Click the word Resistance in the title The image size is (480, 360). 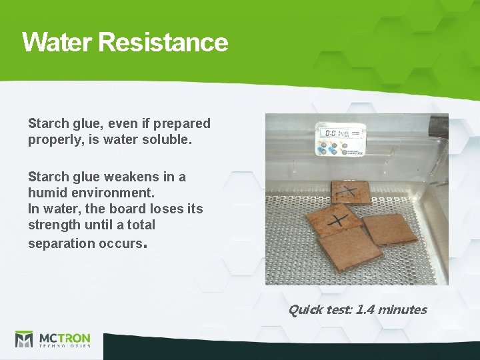coord(163,42)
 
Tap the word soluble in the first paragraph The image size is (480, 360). coord(170,139)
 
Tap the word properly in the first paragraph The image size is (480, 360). coord(53,139)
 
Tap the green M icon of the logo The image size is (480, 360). coord(24,339)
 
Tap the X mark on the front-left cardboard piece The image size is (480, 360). coord(339,219)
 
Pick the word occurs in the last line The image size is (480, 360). coord(118,243)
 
